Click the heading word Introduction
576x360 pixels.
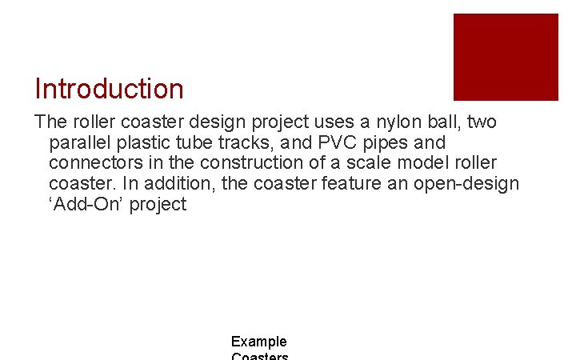click(109, 89)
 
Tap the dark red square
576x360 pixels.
click(506, 57)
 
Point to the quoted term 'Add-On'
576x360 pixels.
click(83, 205)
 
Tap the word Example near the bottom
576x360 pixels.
click(259, 342)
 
